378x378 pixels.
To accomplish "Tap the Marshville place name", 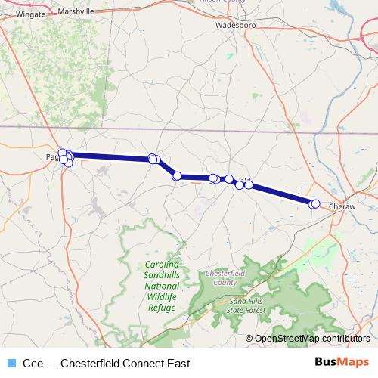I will pos(80,12).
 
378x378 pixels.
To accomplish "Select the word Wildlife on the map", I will pos(163,299).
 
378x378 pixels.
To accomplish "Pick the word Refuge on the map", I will pos(163,308).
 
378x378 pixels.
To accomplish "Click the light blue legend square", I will pos(11,363).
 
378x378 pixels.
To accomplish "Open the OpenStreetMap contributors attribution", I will pos(311,339).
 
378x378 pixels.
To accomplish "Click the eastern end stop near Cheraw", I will pos(314,203).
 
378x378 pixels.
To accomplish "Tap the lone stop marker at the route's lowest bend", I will pos(177,176).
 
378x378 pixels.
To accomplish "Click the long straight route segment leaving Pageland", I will pos(110,156).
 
